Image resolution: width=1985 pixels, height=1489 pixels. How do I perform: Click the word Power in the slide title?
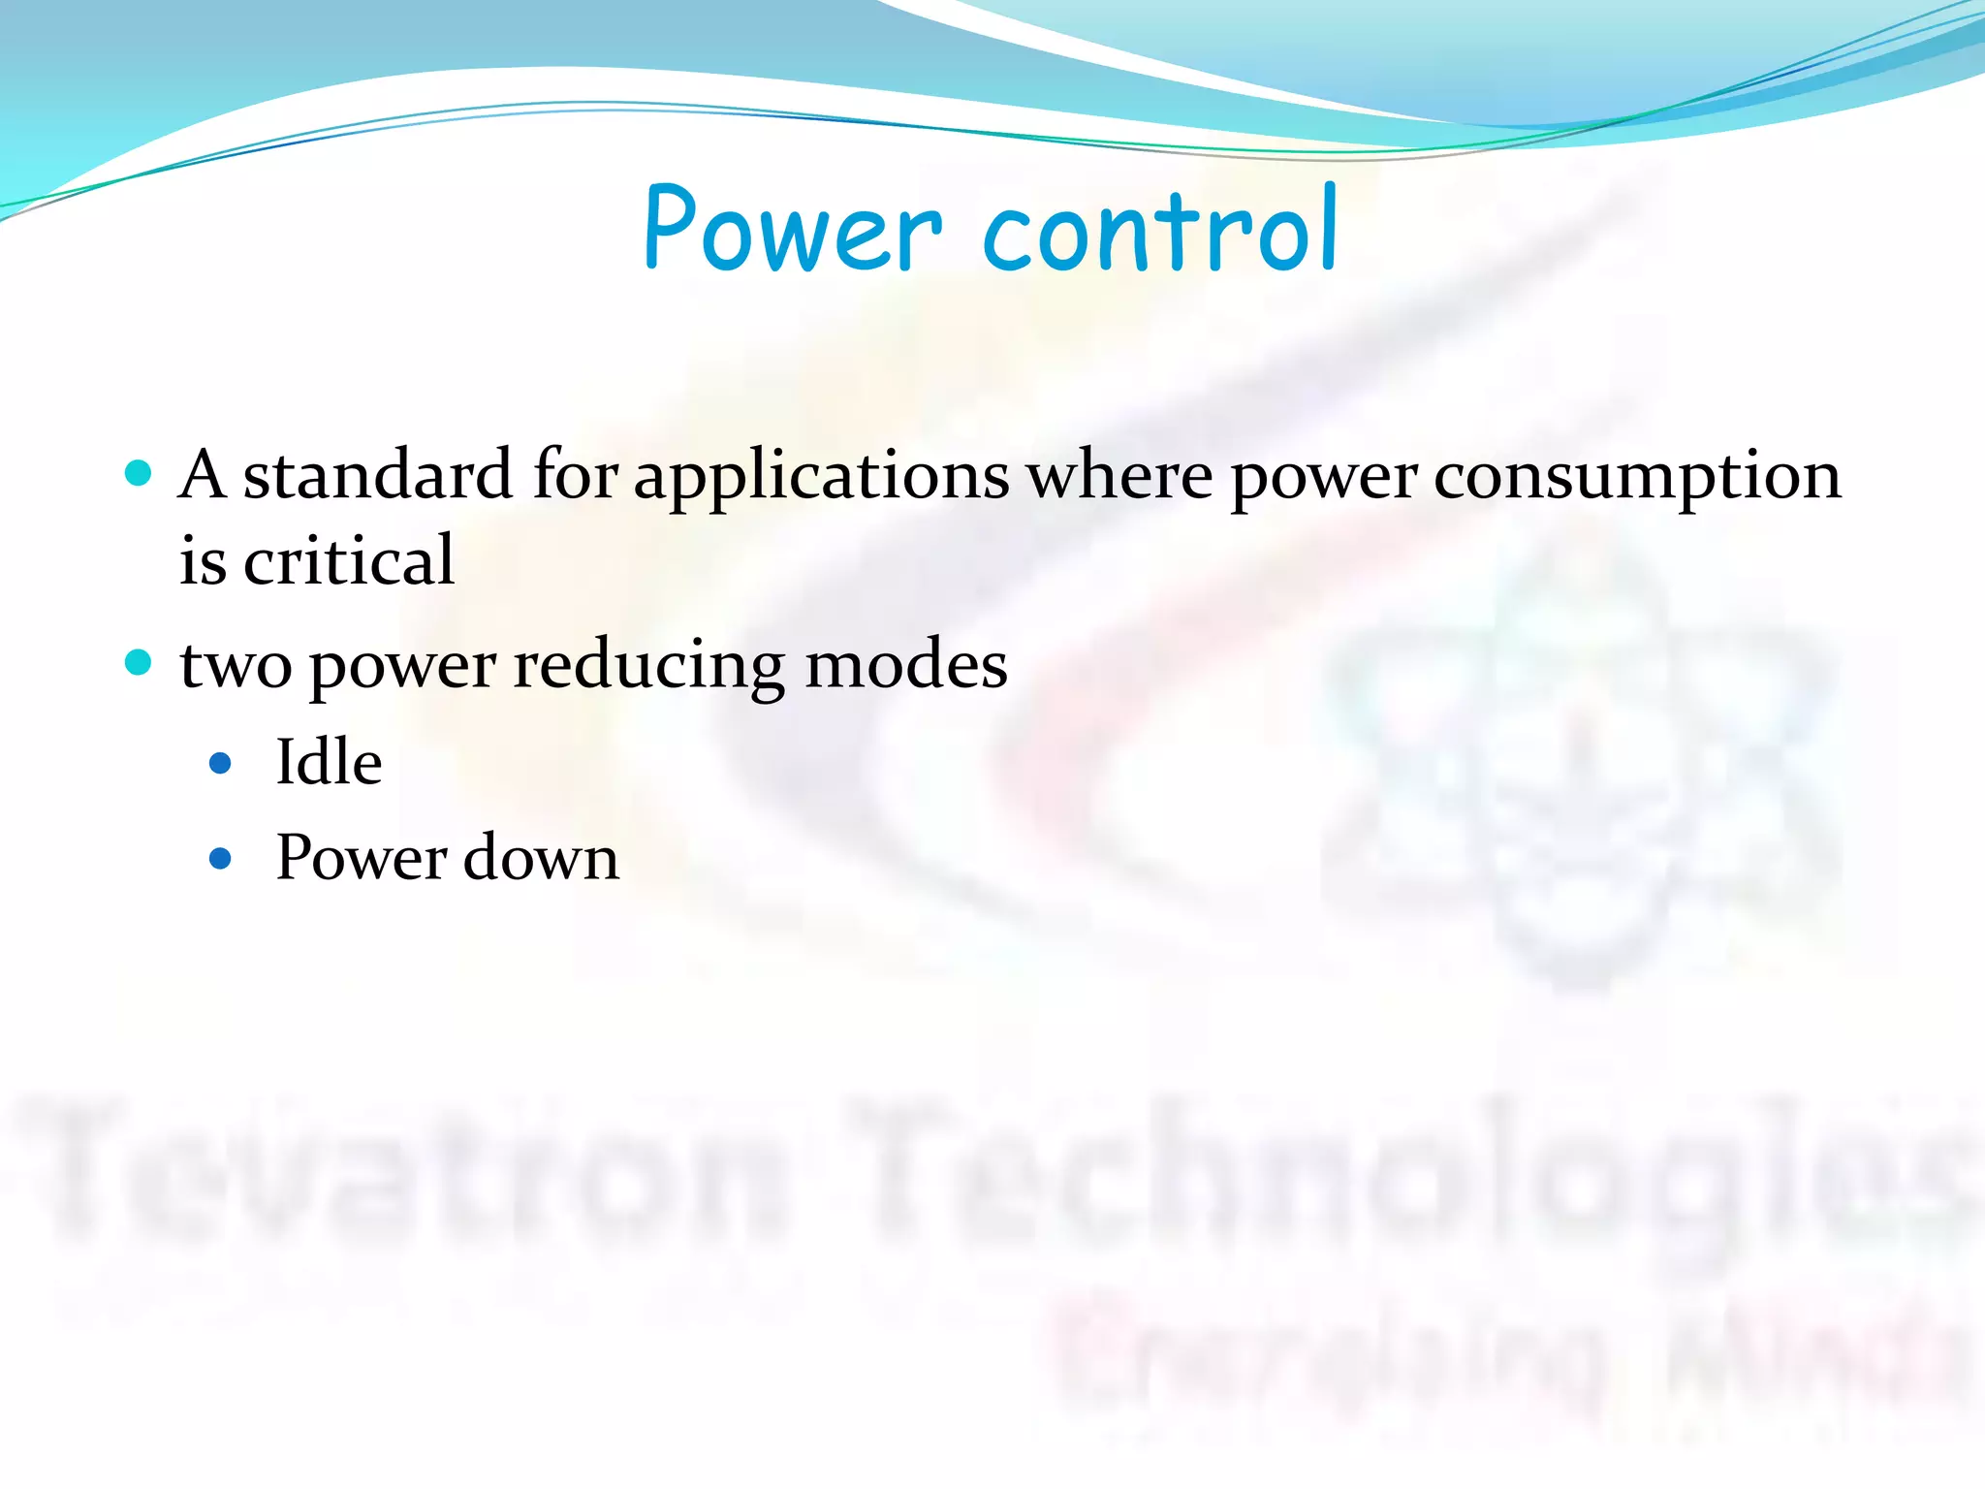[792, 229]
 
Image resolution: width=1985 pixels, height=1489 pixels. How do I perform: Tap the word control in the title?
[1160, 229]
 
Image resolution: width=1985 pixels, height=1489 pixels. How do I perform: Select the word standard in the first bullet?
[377, 476]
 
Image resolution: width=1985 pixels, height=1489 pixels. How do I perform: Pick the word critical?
[349, 560]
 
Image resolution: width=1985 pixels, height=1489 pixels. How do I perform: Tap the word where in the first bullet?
[1119, 476]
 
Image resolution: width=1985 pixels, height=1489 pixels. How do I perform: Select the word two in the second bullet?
[236, 667]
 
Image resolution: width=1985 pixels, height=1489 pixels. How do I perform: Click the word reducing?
[648, 667]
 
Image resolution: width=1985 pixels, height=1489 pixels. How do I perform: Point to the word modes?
[906, 665]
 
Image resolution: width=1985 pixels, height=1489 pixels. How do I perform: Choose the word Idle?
[329, 762]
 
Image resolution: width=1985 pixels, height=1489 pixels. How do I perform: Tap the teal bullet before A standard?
[139, 473]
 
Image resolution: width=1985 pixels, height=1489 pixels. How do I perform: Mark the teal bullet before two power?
[139, 663]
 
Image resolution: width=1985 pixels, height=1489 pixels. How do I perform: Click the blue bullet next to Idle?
[221, 764]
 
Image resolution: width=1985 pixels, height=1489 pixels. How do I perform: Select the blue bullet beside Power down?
[221, 859]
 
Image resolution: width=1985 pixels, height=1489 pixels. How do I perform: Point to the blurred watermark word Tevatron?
[407, 1173]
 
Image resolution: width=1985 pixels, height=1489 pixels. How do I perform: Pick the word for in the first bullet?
[576, 476]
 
